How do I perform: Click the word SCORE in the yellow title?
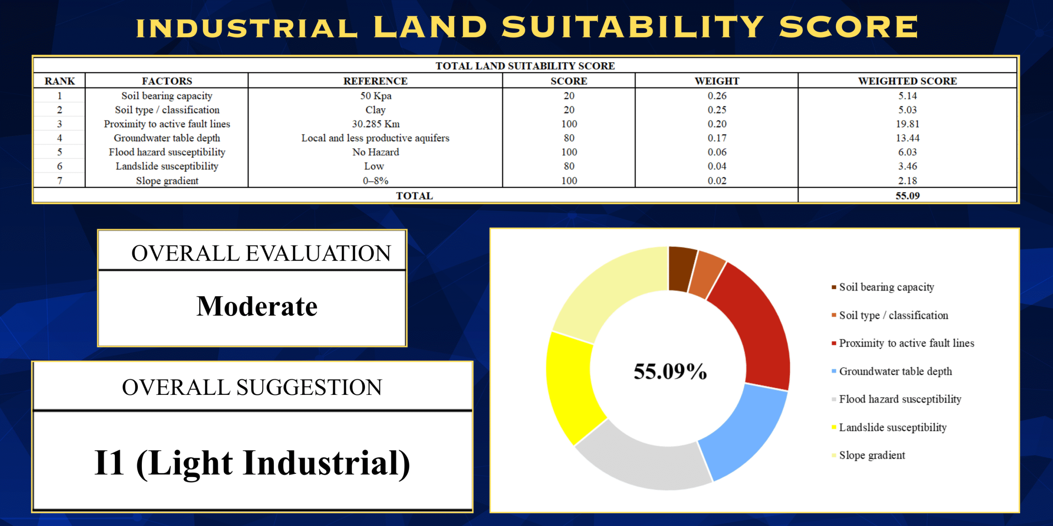(848, 27)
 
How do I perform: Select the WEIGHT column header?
(717, 81)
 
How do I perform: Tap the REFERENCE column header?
(376, 81)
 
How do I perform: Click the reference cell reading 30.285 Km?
(376, 124)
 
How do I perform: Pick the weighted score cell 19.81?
(907, 124)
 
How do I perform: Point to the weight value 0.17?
(717, 138)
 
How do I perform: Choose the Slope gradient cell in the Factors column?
(167, 181)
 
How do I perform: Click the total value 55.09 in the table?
(907, 196)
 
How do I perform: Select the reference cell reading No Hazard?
(376, 152)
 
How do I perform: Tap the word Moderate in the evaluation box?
(257, 307)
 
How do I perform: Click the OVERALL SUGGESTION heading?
(252, 388)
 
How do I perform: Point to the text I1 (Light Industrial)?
(252, 464)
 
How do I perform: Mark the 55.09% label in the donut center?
(670, 371)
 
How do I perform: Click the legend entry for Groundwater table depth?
(892, 371)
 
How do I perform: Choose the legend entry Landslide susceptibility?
(889, 427)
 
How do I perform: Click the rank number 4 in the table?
(60, 138)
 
